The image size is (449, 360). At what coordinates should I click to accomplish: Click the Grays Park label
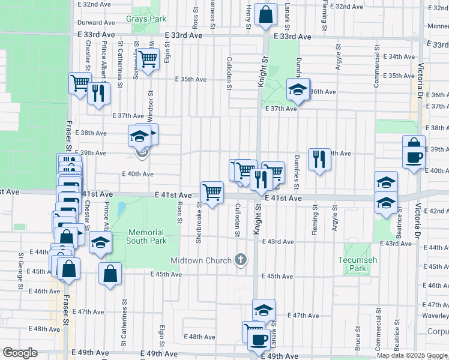pos(146,19)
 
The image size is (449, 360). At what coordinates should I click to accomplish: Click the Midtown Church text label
pos(201,260)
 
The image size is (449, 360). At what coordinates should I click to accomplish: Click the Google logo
pos(20,353)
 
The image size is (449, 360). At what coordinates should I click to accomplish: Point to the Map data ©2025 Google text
pos(412,355)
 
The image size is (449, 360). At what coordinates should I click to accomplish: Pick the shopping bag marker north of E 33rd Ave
pos(265,13)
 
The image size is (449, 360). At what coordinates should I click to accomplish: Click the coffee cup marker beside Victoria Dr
pos(414,158)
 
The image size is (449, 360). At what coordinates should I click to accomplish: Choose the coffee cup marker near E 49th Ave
pos(259,340)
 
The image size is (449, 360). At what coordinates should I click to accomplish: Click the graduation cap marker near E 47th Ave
pos(264,310)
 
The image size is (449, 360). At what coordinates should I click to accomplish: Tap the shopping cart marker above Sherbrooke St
pos(212,193)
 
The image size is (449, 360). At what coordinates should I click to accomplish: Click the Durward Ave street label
pos(96,22)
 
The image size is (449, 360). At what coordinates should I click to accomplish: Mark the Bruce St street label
pos(358,338)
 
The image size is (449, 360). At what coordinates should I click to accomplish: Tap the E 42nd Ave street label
pos(436,211)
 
